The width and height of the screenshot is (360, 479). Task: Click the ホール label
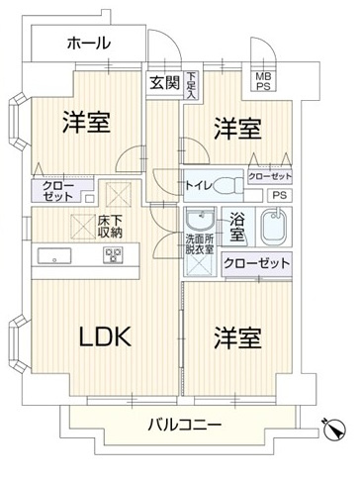[88, 44]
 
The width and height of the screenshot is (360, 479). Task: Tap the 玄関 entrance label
[163, 83]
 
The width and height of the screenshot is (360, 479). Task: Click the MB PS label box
[263, 82]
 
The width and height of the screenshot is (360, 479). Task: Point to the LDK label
[106, 335]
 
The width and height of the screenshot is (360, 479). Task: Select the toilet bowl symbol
[226, 183]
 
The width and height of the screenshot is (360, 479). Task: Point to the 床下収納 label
[110, 227]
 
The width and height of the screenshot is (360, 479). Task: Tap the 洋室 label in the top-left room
[86, 124]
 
